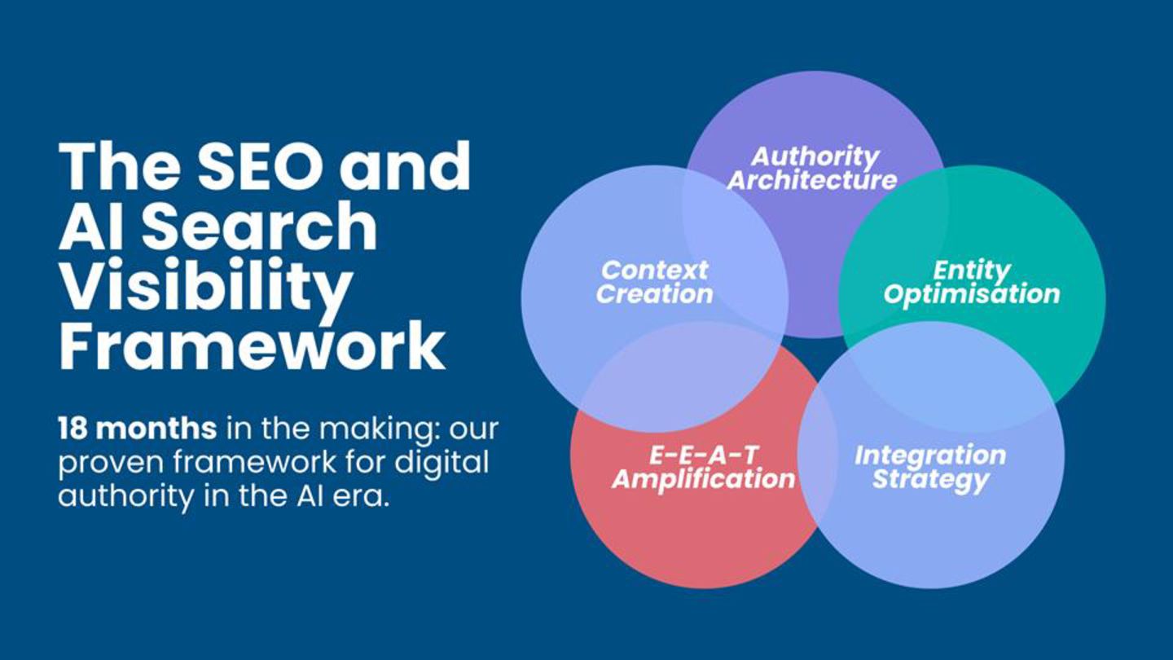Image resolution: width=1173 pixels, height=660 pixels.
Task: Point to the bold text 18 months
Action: pyautogui.click(x=137, y=429)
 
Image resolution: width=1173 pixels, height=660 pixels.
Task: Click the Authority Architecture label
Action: pyautogui.click(x=811, y=169)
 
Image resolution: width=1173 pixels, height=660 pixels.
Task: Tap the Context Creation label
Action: pyautogui.click(x=655, y=282)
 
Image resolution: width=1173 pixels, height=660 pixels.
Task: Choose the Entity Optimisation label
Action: pyautogui.click(x=972, y=283)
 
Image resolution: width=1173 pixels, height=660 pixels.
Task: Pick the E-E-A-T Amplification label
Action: pyautogui.click(x=703, y=468)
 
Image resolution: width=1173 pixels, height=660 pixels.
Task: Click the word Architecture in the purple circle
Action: pyautogui.click(x=811, y=181)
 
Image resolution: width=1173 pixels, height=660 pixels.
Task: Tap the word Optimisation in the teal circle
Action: pyautogui.click(x=972, y=295)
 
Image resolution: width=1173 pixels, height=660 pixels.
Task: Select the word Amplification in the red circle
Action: pyautogui.click(x=703, y=480)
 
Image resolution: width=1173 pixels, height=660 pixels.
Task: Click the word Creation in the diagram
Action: pyautogui.click(x=655, y=294)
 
